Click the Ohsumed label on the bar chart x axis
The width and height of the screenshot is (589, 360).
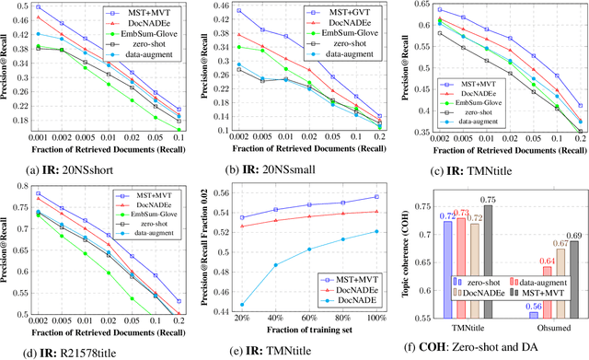[552, 328]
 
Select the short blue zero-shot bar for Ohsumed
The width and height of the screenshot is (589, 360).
[533, 316]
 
